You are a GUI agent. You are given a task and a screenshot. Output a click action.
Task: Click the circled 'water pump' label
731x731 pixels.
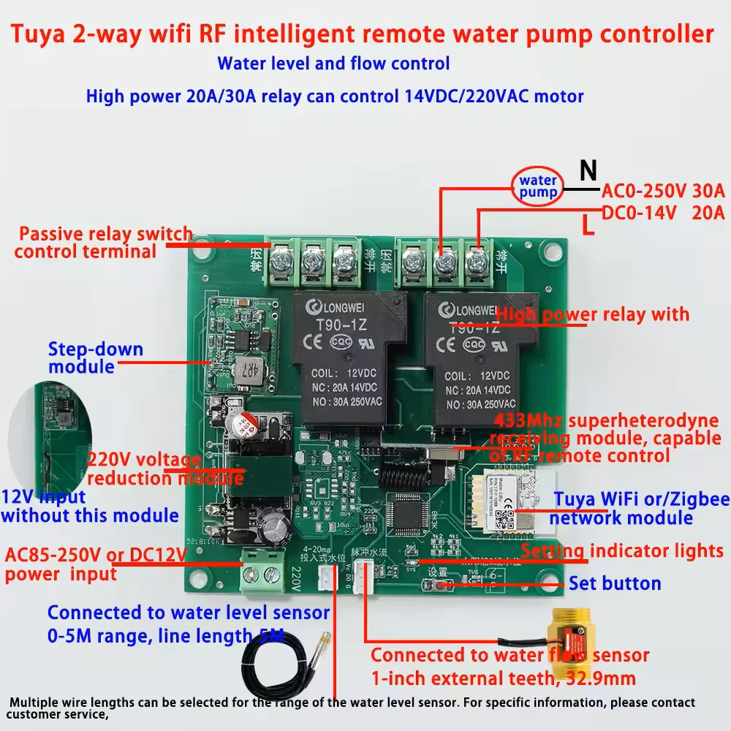(x=538, y=187)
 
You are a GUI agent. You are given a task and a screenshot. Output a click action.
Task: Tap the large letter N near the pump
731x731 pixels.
(x=588, y=171)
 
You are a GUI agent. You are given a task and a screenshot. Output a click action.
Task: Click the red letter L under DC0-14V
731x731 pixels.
(x=587, y=226)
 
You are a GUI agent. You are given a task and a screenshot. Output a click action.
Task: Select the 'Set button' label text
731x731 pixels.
(x=615, y=583)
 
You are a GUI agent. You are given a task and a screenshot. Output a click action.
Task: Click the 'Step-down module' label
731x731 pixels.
(x=95, y=357)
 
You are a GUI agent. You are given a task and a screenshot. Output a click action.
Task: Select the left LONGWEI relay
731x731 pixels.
(x=349, y=358)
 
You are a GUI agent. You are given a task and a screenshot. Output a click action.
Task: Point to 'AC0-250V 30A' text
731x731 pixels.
(x=662, y=192)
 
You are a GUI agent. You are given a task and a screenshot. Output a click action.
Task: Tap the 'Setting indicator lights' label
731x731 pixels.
(x=622, y=550)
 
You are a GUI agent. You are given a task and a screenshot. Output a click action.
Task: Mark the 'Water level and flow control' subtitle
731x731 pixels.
(x=333, y=64)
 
